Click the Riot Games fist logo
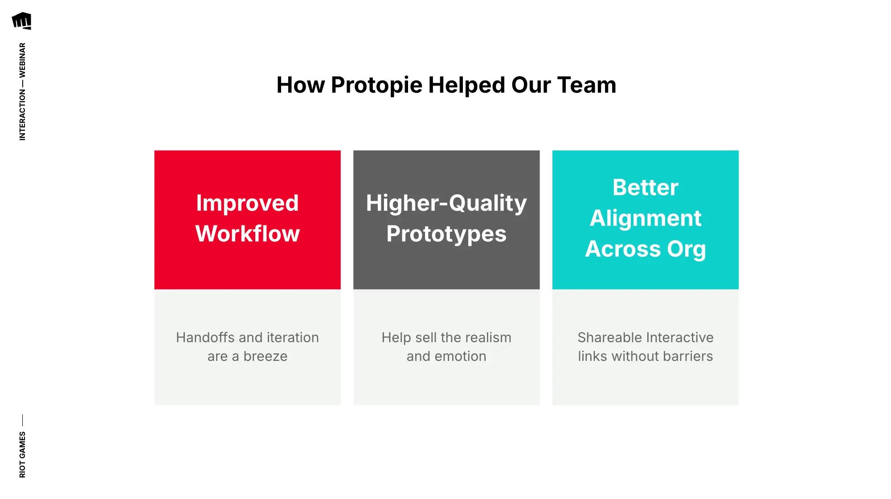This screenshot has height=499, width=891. (x=21, y=21)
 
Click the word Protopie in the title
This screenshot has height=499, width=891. (x=376, y=85)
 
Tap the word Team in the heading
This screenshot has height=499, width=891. (x=587, y=85)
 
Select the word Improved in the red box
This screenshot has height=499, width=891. (x=247, y=203)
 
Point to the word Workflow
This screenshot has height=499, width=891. (x=247, y=234)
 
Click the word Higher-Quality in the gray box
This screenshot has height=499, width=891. (x=446, y=203)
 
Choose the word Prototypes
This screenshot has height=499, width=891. (x=446, y=234)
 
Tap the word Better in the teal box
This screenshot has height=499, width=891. (x=645, y=188)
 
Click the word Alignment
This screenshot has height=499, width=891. (x=645, y=218)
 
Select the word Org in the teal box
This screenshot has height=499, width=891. (x=686, y=249)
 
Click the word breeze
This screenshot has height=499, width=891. (x=266, y=356)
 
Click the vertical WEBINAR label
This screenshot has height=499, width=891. (x=22, y=60)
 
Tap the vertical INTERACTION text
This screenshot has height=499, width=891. (x=22, y=115)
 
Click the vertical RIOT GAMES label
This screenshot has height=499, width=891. (x=22, y=454)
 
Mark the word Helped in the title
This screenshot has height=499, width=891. (x=466, y=85)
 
